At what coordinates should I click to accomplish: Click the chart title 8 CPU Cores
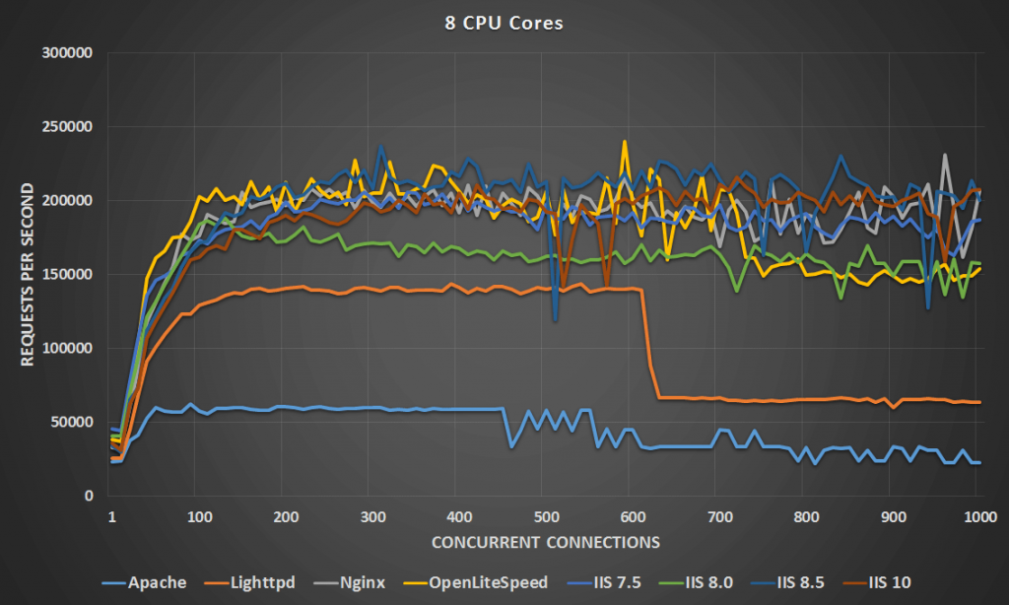click(x=504, y=23)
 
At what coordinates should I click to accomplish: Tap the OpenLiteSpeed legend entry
click(x=478, y=582)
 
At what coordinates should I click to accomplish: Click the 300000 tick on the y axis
click(x=66, y=53)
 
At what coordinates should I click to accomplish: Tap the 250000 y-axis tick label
click(x=66, y=127)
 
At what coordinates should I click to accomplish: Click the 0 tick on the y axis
click(x=88, y=496)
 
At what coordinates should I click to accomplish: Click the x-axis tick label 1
click(x=111, y=516)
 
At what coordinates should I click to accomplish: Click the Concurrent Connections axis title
click(x=544, y=542)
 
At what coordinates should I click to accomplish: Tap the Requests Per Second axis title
click(x=29, y=274)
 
